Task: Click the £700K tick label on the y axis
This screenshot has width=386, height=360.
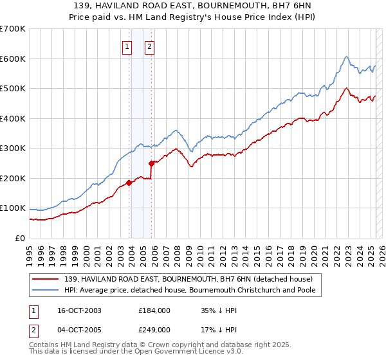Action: click(x=13, y=29)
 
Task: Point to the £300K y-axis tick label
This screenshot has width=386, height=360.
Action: click(x=13, y=148)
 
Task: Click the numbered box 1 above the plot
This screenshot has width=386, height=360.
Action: click(x=127, y=46)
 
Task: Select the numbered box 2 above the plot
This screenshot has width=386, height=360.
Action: click(x=149, y=46)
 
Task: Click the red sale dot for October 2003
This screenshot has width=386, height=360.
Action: click(x=129, y=183)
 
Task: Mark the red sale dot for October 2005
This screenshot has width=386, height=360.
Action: click(x=151, y=163)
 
